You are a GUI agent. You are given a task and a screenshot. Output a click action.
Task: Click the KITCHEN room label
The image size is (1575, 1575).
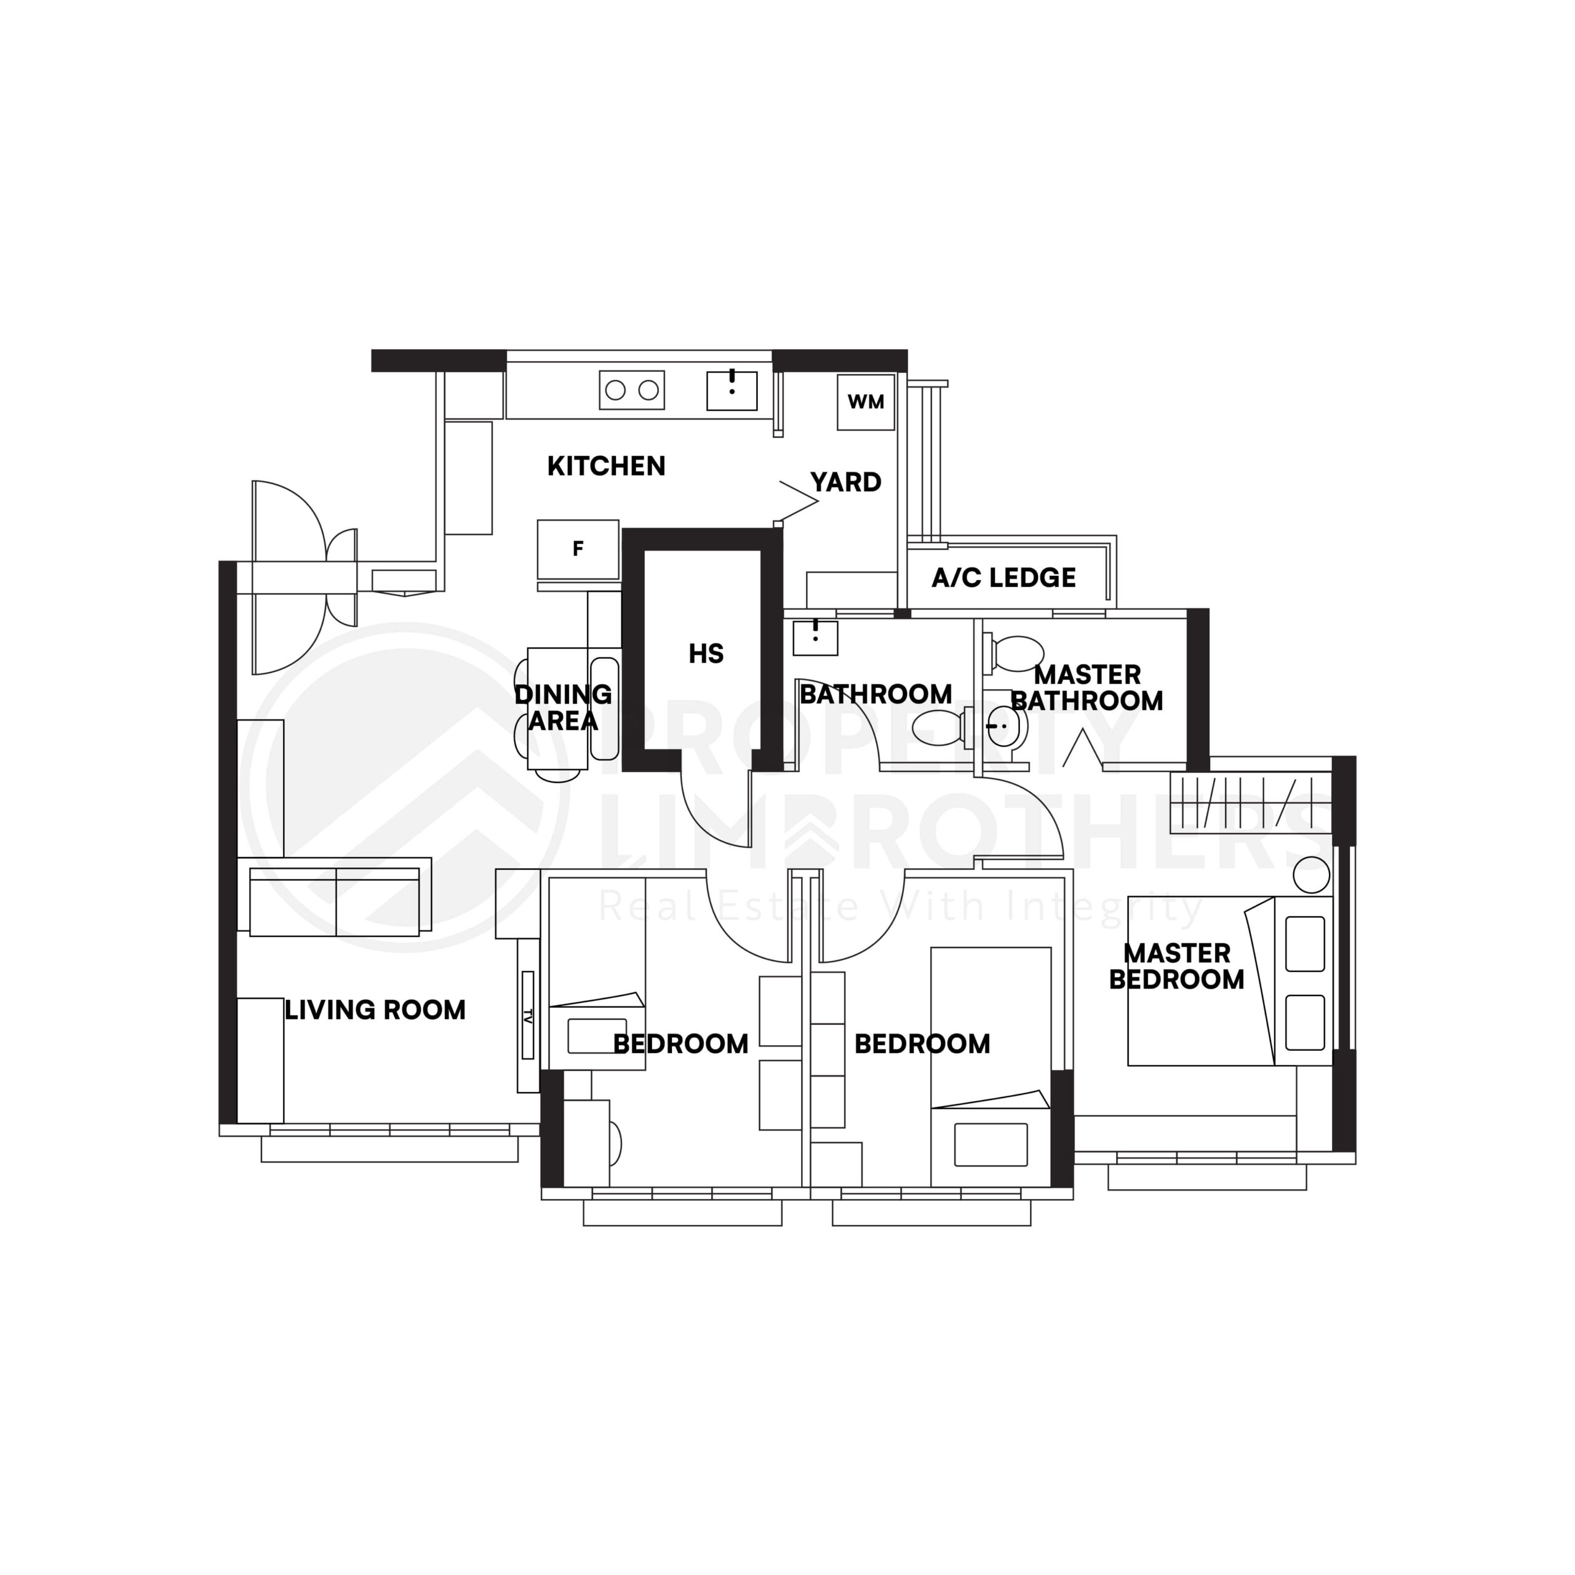pos(606,466)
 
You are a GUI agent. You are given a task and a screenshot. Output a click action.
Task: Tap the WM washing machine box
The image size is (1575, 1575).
pos(866,402)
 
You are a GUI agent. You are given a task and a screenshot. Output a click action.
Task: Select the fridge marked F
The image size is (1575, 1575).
pos(578,549)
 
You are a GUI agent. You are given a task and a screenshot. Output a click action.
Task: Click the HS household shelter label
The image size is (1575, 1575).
pos(706,654)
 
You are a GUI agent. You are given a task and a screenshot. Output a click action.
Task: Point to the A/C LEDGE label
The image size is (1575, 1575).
pos(1003,578)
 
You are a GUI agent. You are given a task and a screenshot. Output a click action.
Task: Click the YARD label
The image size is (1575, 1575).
pos(845,482)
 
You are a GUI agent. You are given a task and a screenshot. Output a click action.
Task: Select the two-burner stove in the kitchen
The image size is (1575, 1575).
pos(632,391)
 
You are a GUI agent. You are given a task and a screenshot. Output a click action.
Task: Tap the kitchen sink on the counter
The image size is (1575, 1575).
pos(732,391)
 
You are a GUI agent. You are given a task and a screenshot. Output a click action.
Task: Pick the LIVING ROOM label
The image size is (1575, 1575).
pos(375,1010)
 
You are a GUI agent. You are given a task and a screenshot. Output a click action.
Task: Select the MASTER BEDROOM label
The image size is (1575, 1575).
pos(1176,966)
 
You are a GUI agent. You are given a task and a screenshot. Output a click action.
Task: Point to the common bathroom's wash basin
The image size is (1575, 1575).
pos(815,637)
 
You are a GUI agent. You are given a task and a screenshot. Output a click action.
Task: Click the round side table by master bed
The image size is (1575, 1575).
pos(1311,875)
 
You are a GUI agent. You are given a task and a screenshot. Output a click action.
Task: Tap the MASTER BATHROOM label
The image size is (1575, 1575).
pos(1087,688)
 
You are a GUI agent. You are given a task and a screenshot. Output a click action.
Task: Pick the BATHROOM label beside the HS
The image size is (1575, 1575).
pos(875,695)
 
